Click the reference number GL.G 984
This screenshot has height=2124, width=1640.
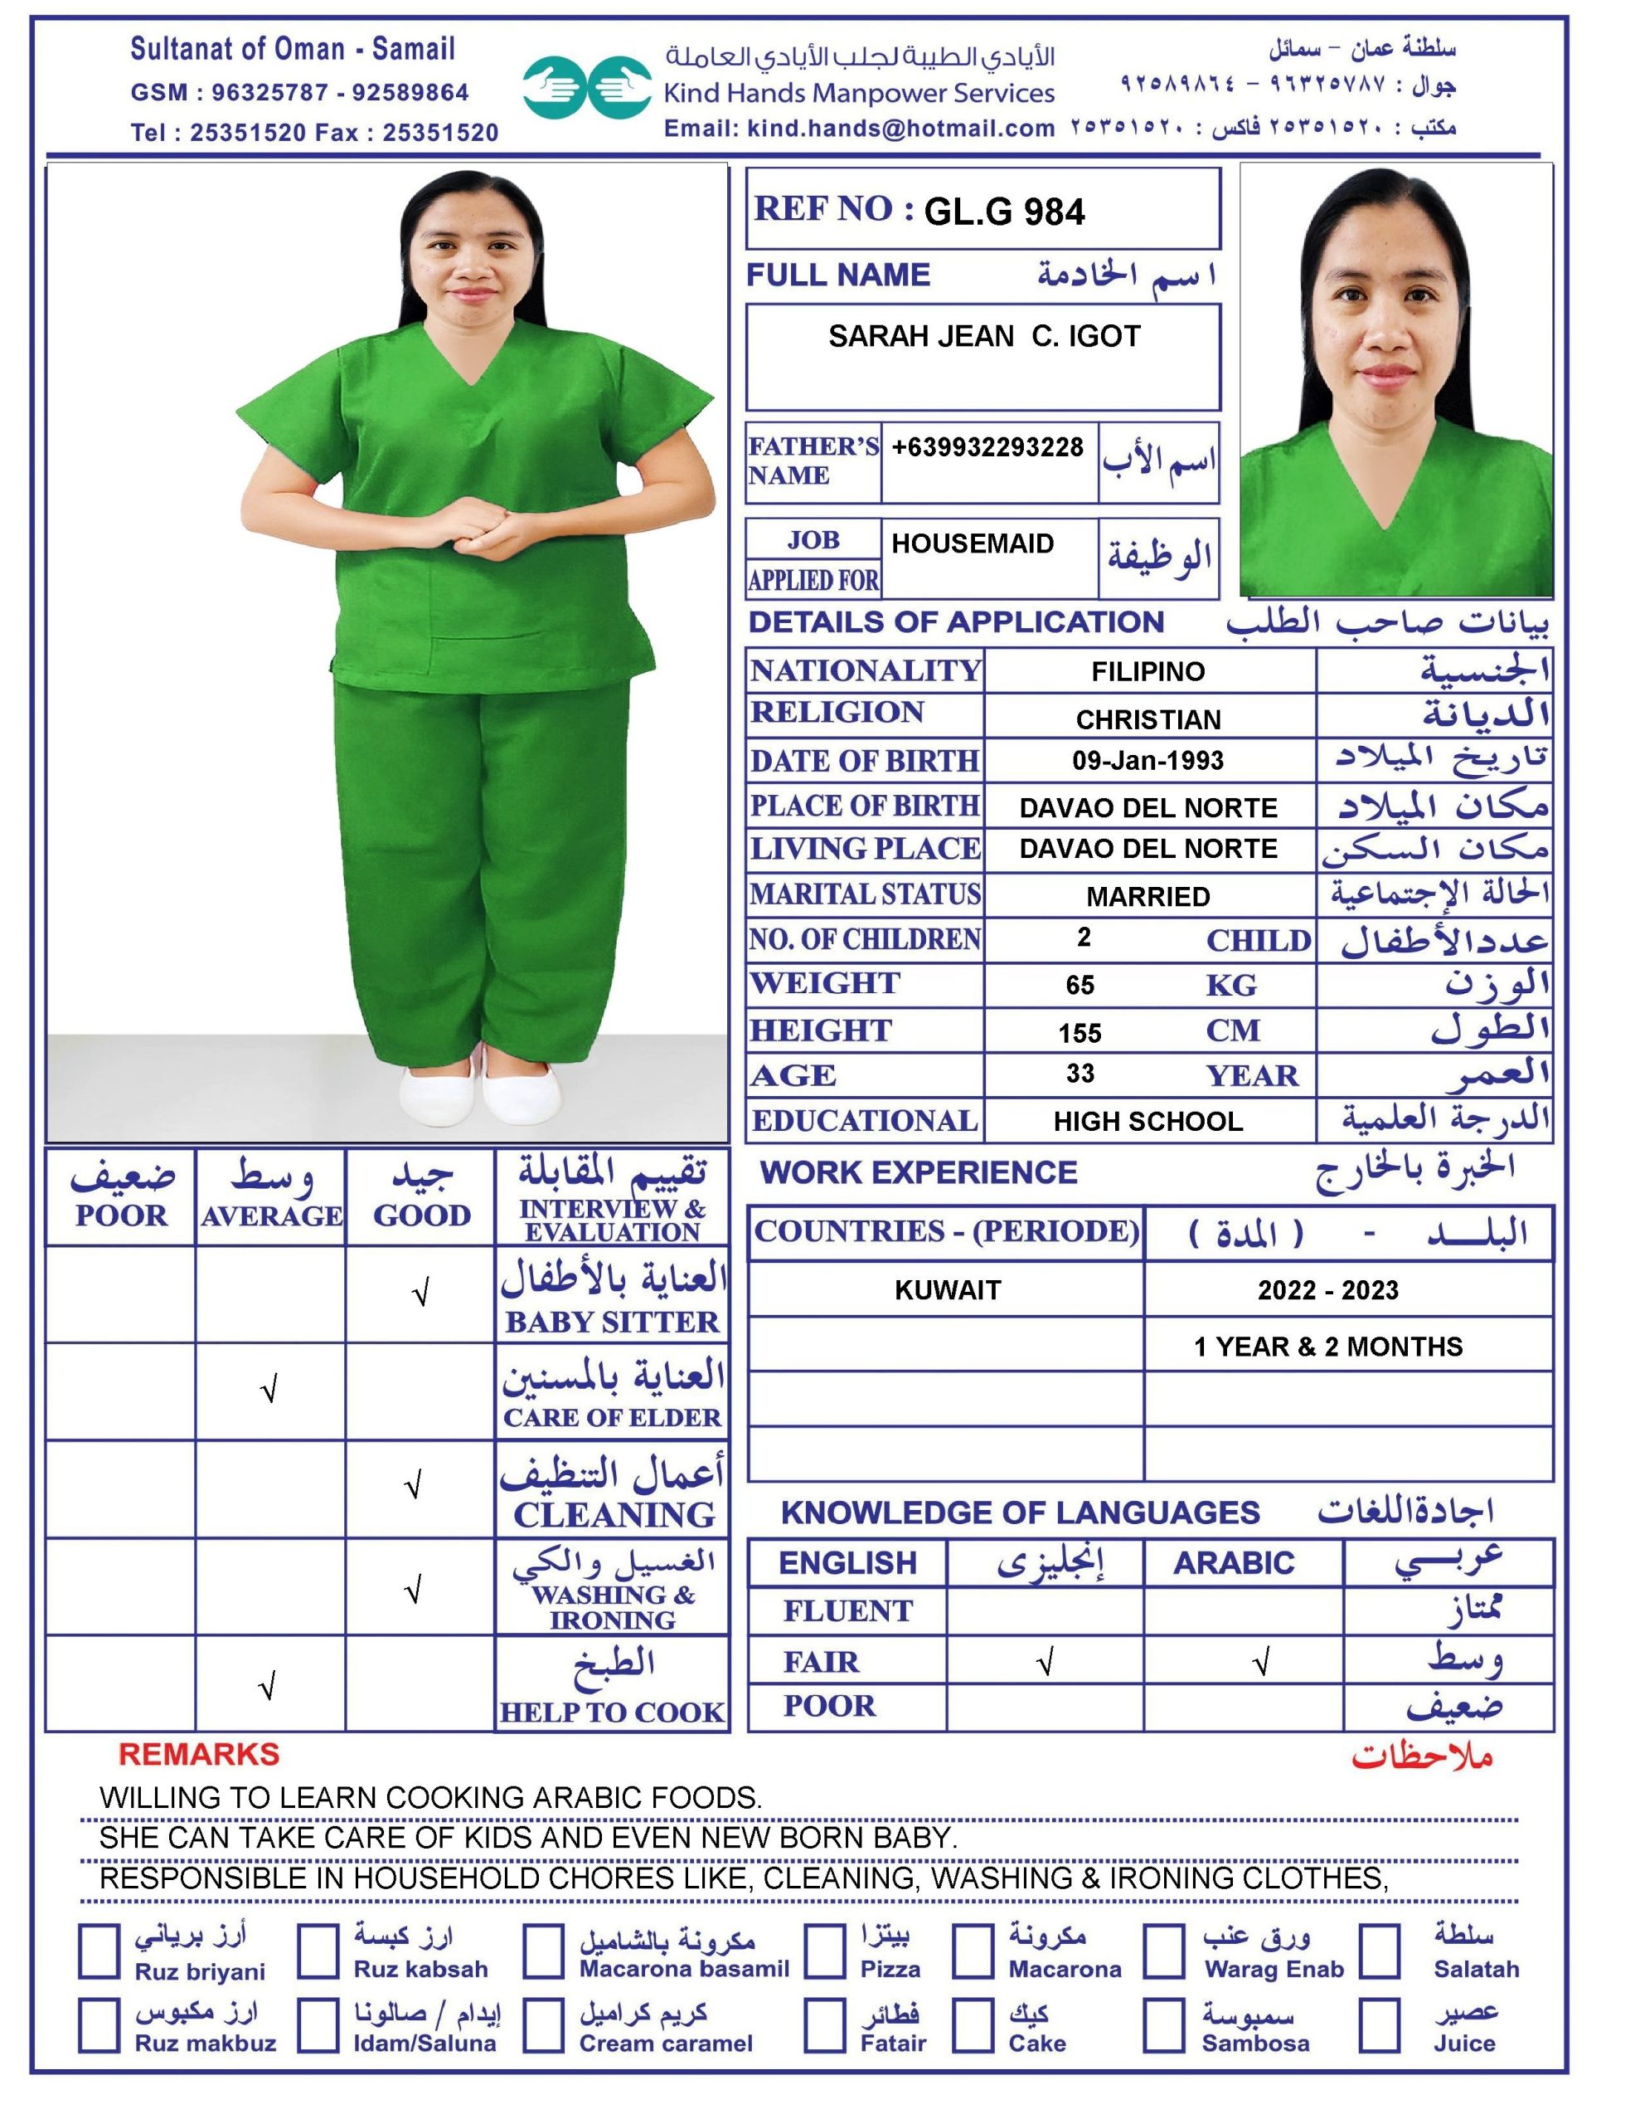point(1003,212)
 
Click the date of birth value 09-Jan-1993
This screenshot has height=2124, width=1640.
point(1148,761)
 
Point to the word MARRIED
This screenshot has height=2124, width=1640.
point(1148,896)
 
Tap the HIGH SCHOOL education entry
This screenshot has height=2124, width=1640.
point(1148,1122)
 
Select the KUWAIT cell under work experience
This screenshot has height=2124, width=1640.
point(947,1289)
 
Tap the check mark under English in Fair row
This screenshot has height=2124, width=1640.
point(1045,1664)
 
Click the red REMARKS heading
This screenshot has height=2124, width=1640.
point(198,1755)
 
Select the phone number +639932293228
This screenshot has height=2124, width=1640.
point(987,447)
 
